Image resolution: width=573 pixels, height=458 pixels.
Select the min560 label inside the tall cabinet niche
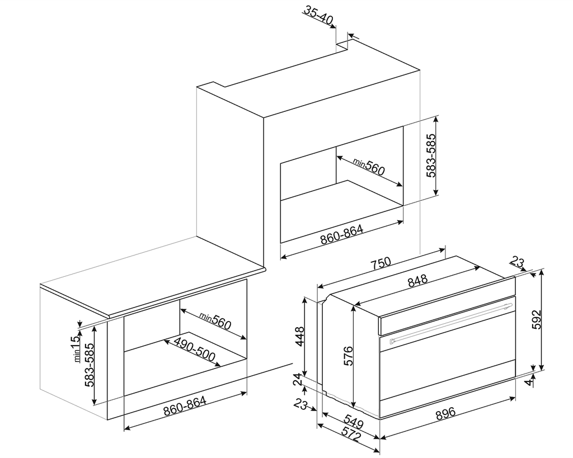click(369, 166)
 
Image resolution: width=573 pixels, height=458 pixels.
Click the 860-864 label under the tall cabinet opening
click(342, 234)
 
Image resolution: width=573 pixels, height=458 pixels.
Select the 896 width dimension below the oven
click(445, 413)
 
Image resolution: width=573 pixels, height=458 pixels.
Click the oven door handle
click(448, 322)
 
